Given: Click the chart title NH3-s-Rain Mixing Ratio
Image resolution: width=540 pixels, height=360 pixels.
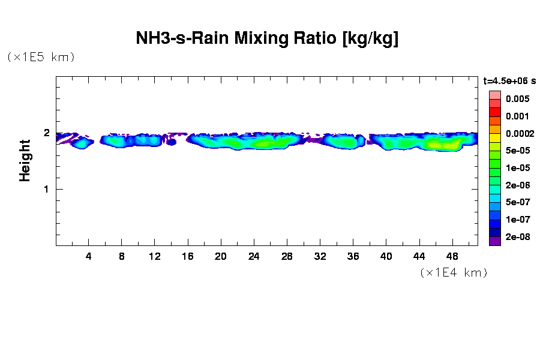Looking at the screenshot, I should (x=267, y=40).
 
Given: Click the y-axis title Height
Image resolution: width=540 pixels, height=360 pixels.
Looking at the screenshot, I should (x=25, y=160).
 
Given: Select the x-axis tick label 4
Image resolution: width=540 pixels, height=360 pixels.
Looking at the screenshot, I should (x=89, y=257).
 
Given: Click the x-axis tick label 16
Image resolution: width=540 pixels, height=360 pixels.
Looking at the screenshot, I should (x=188, y=257).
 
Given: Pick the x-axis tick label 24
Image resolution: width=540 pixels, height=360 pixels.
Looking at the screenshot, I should (x=254, y=257).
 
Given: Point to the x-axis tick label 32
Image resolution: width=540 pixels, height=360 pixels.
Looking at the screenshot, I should (x=320, y=257).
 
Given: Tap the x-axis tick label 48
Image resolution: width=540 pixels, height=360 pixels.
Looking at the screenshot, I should (x=452, y=257).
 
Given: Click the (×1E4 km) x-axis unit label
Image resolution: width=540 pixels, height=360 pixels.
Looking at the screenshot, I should (x=453, y=272).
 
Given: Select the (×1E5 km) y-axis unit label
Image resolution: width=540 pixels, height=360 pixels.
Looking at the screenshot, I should (x=41, y=57).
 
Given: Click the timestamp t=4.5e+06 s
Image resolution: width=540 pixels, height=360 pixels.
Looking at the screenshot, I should (x=509, y=80).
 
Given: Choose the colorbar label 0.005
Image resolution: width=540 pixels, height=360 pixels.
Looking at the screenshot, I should (x=517, y=99).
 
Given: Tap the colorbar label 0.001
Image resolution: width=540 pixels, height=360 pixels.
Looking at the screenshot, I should (x=517, y=116).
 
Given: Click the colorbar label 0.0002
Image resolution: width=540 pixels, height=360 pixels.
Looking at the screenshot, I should (x=517, y=134).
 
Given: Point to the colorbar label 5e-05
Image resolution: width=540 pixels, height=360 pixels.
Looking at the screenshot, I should (x=517, y=151).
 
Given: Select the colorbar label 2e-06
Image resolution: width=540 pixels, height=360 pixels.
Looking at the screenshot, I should (x=517, y=185).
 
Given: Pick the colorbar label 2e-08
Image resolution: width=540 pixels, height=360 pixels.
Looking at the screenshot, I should (x=517, y=237).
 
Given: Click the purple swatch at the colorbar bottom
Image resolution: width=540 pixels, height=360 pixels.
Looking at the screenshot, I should (x=495, y=241).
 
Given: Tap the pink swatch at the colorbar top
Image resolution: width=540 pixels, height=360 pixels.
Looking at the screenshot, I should (x=495, y=95).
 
